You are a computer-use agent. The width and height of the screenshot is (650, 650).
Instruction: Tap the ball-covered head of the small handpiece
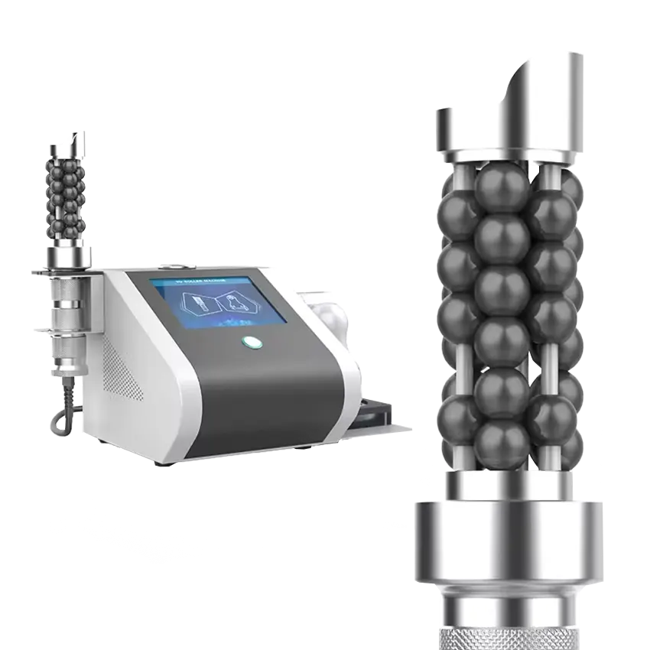point(68,195)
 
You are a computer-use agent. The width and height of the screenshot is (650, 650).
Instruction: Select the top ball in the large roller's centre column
point(502,188)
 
